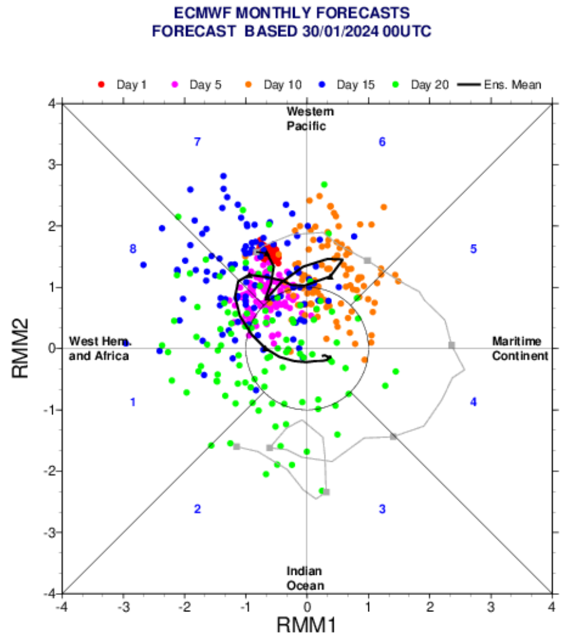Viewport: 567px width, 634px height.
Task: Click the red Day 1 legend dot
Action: click(102, 84)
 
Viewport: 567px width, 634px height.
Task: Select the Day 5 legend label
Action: click(205, 84)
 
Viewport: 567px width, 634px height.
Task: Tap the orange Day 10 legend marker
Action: click(250, 84)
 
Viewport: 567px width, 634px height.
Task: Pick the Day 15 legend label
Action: click(356, 84)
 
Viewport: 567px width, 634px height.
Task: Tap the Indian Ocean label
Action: click(306, 579)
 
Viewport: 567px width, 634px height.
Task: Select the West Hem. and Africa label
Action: click(99, 348)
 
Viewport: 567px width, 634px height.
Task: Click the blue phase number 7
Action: click(197, 142)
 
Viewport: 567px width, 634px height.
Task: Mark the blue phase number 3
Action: click(382, 509)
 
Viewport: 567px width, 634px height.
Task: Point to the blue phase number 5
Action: click(473, 249)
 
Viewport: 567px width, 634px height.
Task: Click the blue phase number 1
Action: click(133, 403)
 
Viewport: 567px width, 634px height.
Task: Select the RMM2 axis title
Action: click(21, 348)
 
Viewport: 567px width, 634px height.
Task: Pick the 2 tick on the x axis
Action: click(429, 607)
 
